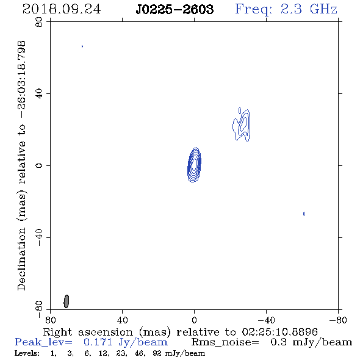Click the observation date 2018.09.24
click(x=62, y=9)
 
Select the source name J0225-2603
click(x=175, y=9)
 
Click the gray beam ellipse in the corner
click(x=66, y=301)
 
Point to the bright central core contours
click(x=194, y=165)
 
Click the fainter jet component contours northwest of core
click(x=242, y=124)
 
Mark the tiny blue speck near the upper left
click(x=82, y=46)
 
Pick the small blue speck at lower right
click(x=304, y=214)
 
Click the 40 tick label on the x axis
click(x=122, y=320)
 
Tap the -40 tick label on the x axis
click(x=266, y=320)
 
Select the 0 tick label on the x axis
click(x=194, y=320)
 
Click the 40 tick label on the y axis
click(x=39, y=94)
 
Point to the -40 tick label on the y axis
click(x=39, y=237)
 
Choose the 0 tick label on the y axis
click(x=39, y=165)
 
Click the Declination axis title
click(x=21, y=165)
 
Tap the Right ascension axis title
click(x=180, y=332)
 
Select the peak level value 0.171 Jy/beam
click(x=125, y=342)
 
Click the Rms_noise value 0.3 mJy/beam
click(x=311, y=342)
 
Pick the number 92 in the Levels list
click(x=157, y=353)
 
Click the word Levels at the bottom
click(x=27, y=353)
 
